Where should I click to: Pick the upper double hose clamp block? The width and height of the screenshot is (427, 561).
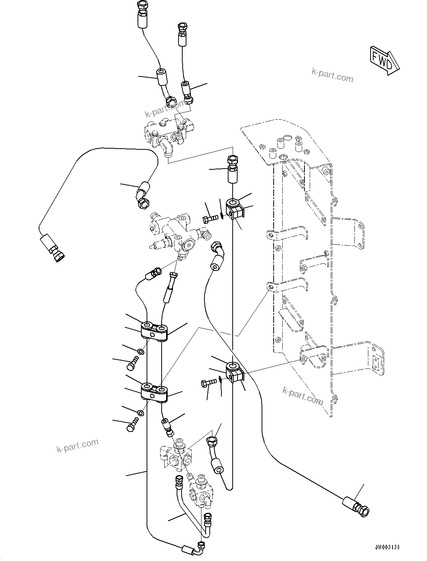click(154, 331)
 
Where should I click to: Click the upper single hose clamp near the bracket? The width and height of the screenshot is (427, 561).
click(235, 209)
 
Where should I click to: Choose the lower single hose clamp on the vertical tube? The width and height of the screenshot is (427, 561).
click(235, 371)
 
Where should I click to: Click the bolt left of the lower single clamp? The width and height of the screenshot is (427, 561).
click(208, 382)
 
